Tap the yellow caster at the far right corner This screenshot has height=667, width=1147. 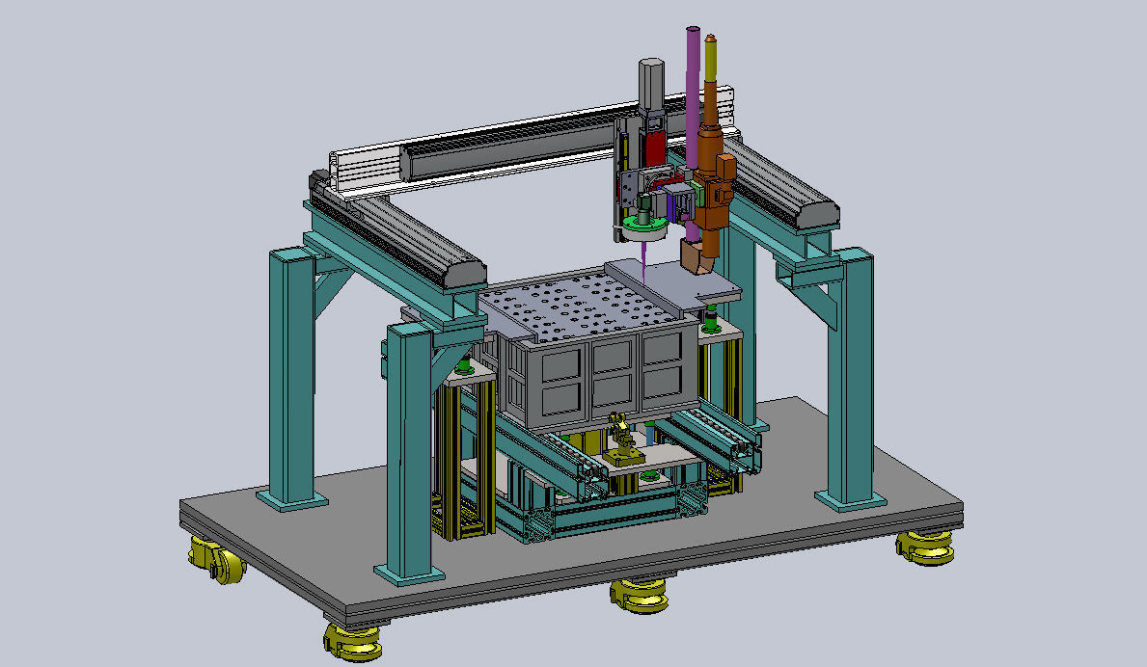924,547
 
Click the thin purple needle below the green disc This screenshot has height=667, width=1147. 642,256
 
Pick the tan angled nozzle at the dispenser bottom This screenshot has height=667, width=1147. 696,255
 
